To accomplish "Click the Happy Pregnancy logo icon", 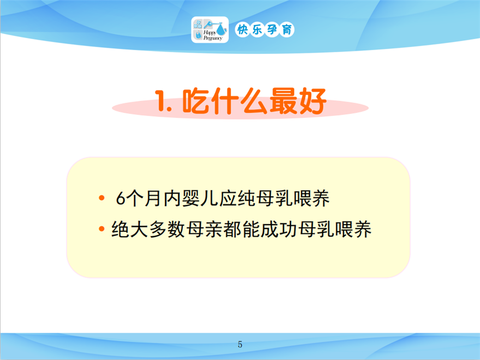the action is point(210,29).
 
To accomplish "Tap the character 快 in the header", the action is point(242,29).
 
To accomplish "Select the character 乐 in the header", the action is point(257,29).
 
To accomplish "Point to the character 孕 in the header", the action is point(272,29).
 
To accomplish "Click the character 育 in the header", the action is point(287,29).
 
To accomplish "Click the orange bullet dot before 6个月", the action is point(101,198).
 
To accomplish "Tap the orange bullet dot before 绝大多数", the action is point(101,229).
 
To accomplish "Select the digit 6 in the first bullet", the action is point(121,199).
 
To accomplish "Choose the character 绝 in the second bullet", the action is point(120,229).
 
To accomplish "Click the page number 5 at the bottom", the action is point(240,344).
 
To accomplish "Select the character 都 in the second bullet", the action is point(232,229).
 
